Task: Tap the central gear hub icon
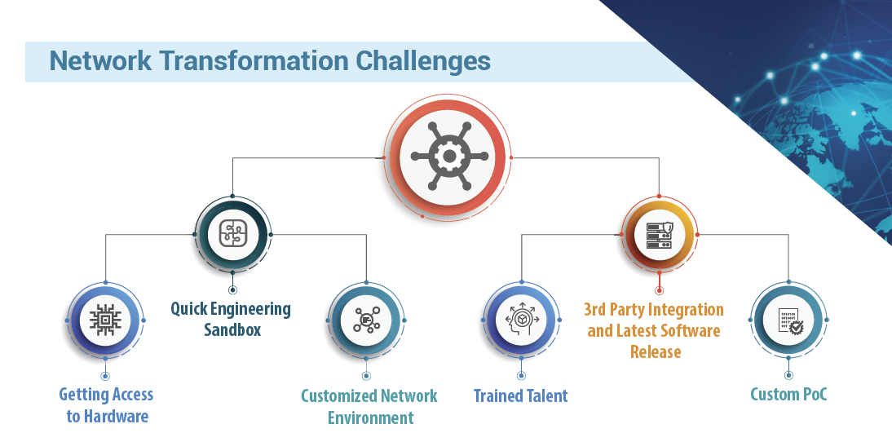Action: point(449,156)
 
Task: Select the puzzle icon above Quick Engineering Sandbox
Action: point(232,234)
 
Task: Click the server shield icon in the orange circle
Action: point(660,235)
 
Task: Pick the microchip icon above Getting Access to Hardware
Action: point(105,320)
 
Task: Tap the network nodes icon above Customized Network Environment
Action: point(366,320)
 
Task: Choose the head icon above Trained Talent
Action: point(521,320)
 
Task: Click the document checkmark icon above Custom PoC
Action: point(789,321)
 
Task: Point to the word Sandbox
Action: point(232,330)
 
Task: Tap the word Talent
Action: point(545,395)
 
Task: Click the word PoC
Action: point(814,394)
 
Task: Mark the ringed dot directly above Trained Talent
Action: point(521,376)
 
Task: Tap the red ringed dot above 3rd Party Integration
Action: point(660,290)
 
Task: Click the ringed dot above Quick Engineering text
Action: point(232,290)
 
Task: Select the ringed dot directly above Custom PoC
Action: point(788,376)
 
